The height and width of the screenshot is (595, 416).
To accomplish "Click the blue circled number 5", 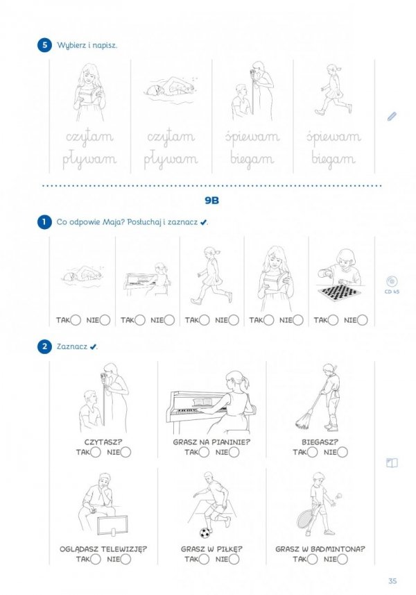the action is tap(44, 45).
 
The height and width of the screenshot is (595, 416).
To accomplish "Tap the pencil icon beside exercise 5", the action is tap(392, 116).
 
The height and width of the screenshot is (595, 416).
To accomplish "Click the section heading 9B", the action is tap(211, 201).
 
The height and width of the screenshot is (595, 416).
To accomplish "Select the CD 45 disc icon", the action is tap(392, 281).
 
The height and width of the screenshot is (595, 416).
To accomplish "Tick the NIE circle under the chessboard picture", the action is tap(362, 320).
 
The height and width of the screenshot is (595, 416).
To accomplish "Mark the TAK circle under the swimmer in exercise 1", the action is tap(76, 320).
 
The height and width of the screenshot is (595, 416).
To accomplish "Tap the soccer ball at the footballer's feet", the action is tap(205, 533).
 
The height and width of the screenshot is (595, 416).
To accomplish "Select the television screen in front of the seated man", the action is tap(112, 525).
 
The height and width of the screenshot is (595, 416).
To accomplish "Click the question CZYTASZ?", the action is tap(103, 442).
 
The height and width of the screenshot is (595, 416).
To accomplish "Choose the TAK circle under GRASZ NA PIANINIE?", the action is tap(204, 452).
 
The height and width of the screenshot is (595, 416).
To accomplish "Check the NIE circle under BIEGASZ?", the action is tap(342, 452).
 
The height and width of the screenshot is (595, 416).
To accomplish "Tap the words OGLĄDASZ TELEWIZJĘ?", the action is tap(103, 549).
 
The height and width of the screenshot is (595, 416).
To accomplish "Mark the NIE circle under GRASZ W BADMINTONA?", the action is tap(342, 559).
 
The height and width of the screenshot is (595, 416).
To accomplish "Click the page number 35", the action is tap(392, 580).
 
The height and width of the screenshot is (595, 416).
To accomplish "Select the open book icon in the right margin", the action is tap(392, 463).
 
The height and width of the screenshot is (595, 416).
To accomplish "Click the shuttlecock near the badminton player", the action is tap(339, 496).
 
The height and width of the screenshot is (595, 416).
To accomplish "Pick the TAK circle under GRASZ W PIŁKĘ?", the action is tap(204, 559).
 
